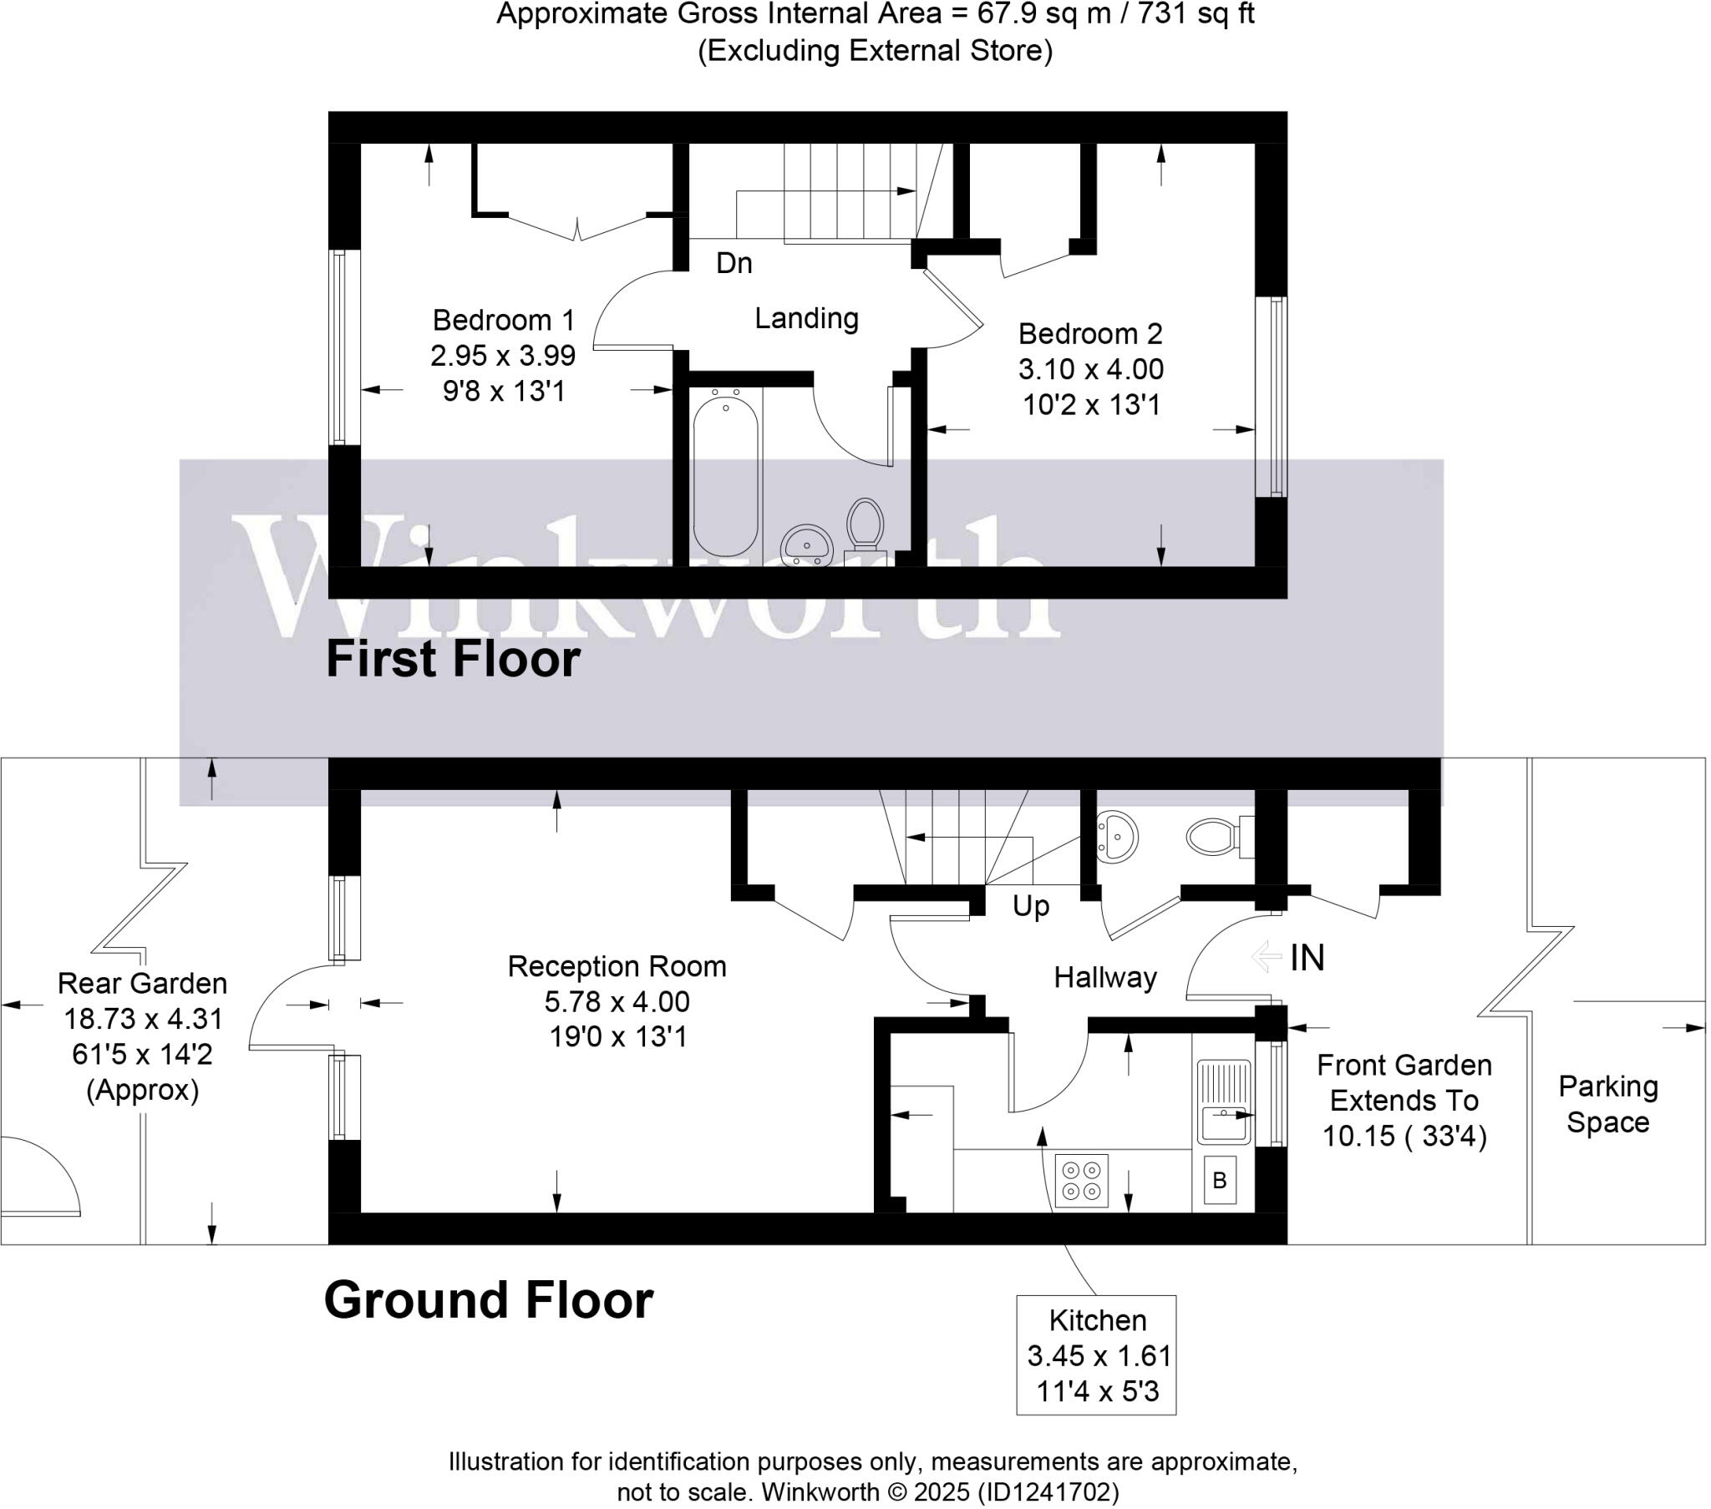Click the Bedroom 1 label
coord(503,321)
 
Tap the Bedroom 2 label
coord(1090,335)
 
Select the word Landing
coord(806,319)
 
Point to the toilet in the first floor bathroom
coord(865,525)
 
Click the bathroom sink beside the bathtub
coord(806,545)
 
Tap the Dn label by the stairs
coord(734,264)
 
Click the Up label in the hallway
coord(1030,906)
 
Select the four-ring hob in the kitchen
coord(1081,1181)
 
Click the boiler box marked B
coord(1220,1180)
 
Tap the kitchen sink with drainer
coord(1223,1101)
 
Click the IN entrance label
coord(1307,959)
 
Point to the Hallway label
coord(1105,978)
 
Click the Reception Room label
coord(617,967)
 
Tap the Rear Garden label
coord(142,984)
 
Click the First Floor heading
coord(453,660)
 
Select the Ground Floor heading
coord(488,1300)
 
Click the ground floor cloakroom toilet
coord(1211,835)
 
